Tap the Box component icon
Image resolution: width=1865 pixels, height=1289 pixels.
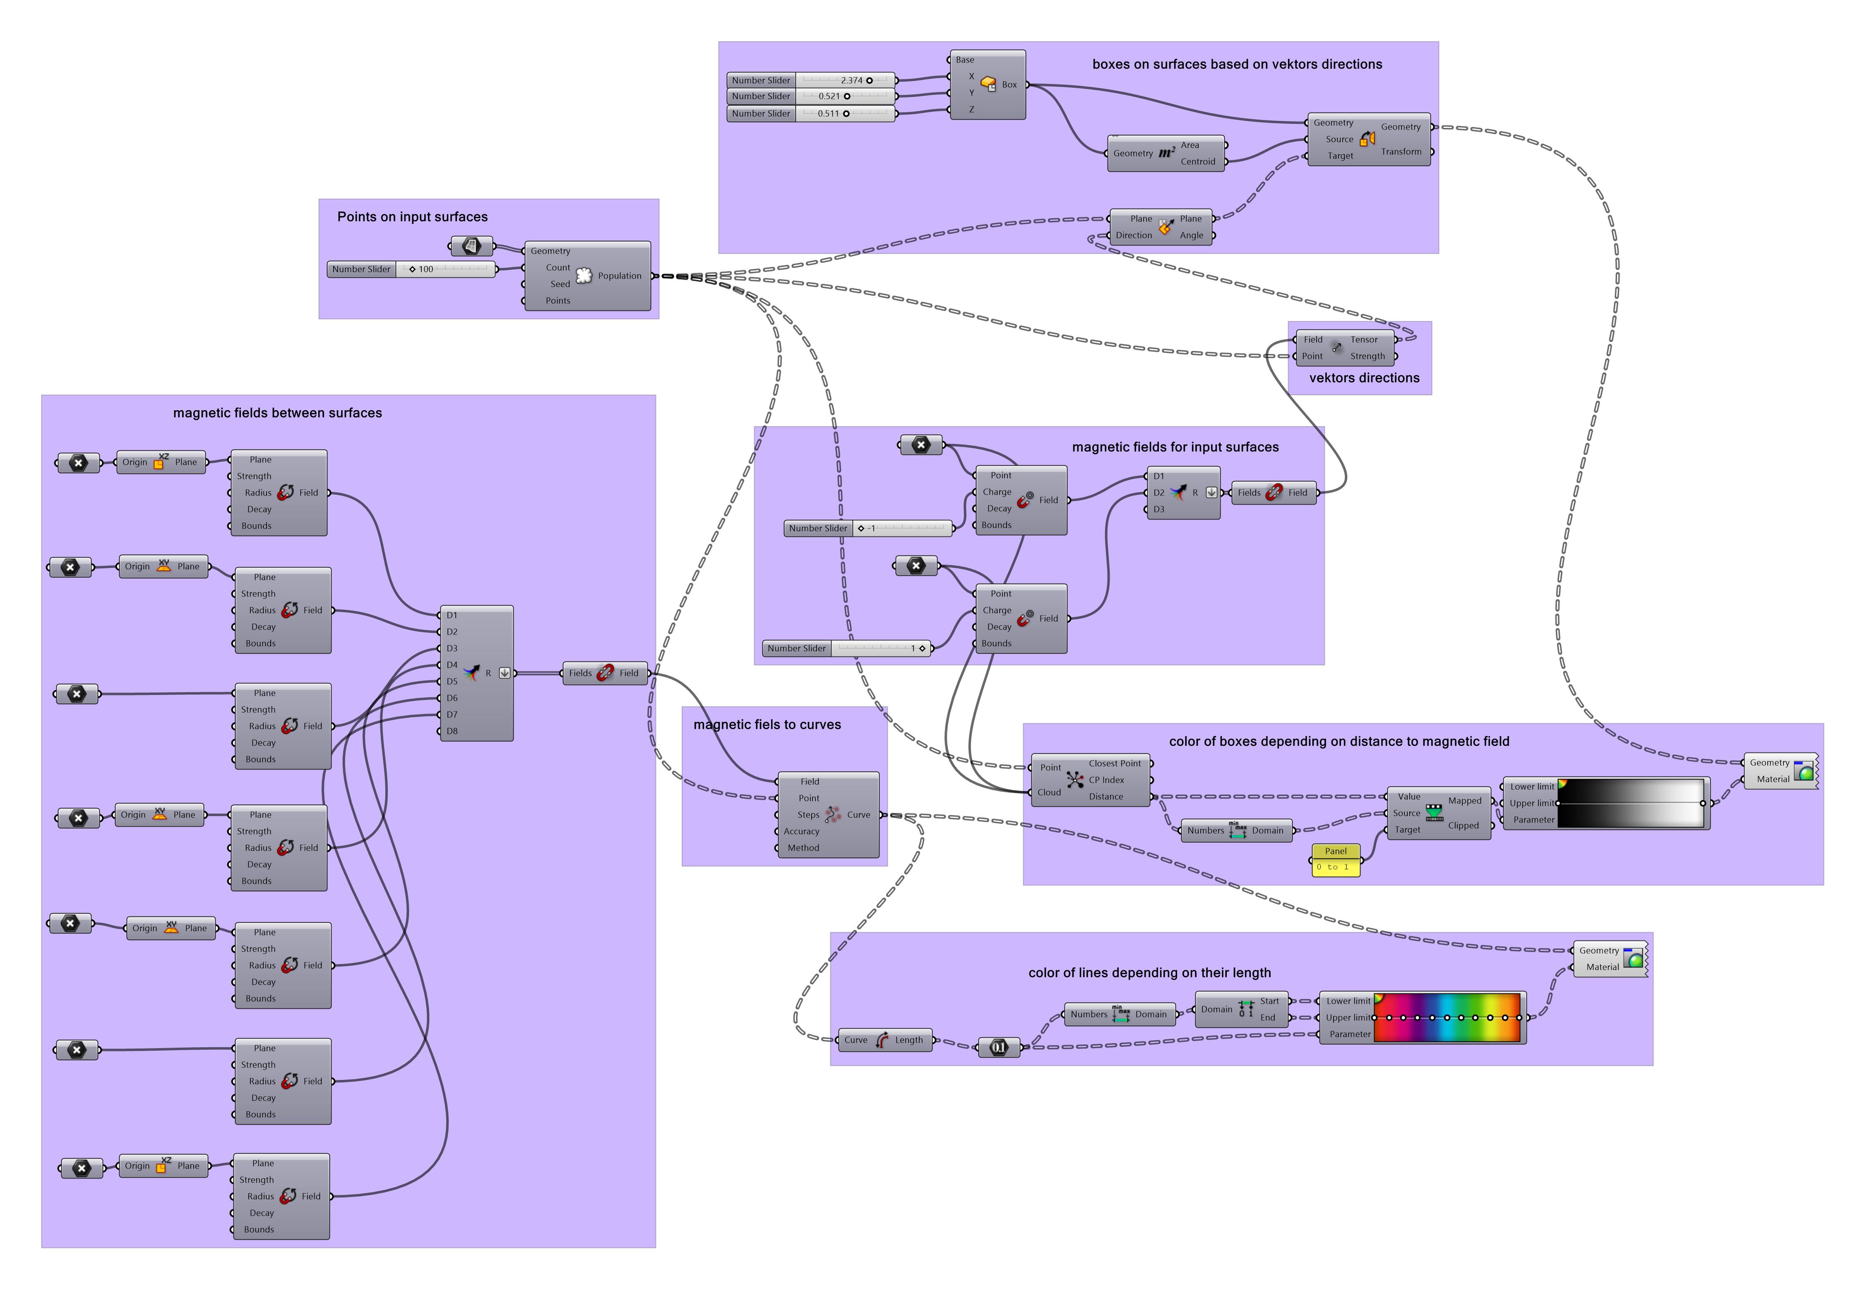tap(988, 84)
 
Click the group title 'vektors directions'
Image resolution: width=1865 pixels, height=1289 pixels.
tap(1364, 378)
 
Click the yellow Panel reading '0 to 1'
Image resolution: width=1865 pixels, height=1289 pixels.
tap(1335, 861)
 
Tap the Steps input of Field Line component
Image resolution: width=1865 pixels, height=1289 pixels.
tap(808, 815)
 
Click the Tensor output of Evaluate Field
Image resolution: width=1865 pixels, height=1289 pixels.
tap(1365, 340)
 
